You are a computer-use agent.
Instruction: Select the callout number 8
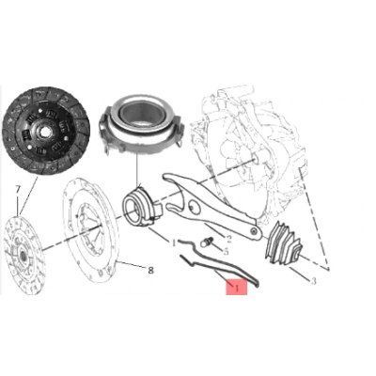(150, 270)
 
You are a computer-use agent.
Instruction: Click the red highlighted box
(231, 283)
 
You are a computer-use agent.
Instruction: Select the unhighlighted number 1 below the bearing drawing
(173, 243)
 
